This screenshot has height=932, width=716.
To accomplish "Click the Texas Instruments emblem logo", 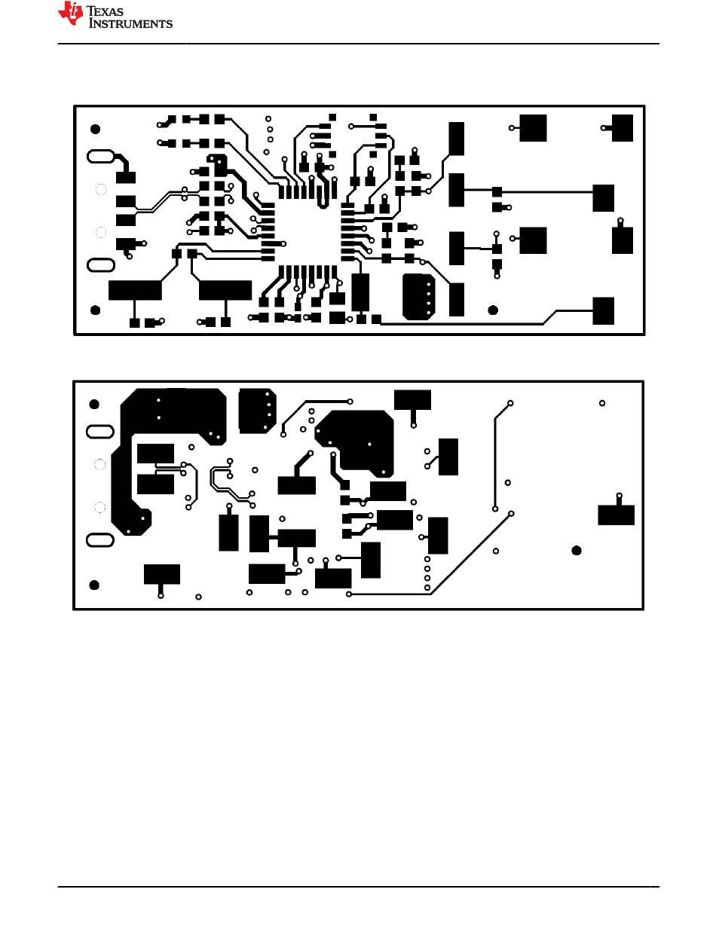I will [x=72, y=14].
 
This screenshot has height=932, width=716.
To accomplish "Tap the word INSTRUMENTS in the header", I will [x=131, y=23].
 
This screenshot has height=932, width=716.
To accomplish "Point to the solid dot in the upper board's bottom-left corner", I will [x=96, y=310].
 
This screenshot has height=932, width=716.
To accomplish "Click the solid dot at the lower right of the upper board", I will [x=493, y=310].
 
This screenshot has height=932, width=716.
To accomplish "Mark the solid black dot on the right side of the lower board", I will [x=577, y=551].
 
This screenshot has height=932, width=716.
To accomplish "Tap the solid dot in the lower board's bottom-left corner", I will [x=94, y=585].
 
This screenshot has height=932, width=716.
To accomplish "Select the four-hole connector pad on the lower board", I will [x=256, y=409].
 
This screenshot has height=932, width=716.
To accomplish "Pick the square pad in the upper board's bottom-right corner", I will [x=604, y=310].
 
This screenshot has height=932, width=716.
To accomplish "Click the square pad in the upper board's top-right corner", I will [x=623, y=127].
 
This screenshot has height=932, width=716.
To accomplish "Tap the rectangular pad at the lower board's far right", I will [x=616, y=515].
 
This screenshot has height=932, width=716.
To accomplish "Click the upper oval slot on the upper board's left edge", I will [x=100, y=157].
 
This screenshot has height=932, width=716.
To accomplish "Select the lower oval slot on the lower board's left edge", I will [x=100, y=540].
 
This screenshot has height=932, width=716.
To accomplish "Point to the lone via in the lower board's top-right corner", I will [x=602, y=403].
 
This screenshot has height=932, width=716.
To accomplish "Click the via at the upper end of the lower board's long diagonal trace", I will [x=511, y=513].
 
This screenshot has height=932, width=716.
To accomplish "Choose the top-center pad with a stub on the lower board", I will [x=412, y=399].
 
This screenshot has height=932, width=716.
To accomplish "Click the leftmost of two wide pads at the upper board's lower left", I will [x=135, y=290].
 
